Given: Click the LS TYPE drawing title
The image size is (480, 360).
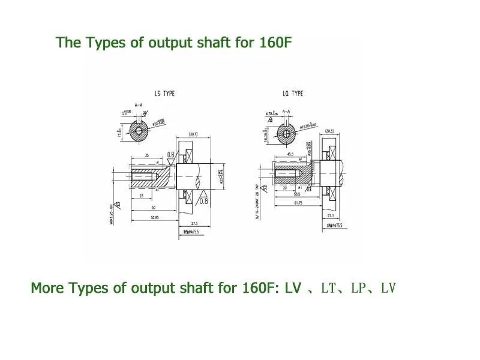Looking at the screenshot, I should pyautogui.click(x=164, y=94).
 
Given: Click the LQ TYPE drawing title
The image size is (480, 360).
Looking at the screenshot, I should pyautogui.click(x=293, y=94).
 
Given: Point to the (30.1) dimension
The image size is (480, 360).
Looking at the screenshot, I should pyautogui.click(x=194, y=134).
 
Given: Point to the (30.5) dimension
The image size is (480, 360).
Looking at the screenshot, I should pyautogui.click(x=329, y=131).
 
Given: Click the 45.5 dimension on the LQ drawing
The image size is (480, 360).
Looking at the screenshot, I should pyautogui.click(x=290, y=154).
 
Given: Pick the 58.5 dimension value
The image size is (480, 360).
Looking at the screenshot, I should pyautogui.click(x=297, y=194).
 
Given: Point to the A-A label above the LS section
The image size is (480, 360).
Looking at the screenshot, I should pyautogui.click(x=139, y=105).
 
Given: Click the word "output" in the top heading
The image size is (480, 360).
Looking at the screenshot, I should pyautogui.click(x=149, y=44).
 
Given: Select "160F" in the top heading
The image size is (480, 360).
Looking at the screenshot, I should pyautogui.click(x=276, y=43).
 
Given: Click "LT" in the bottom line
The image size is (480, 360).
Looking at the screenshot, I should pyautogui.click(x=327, y=289).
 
